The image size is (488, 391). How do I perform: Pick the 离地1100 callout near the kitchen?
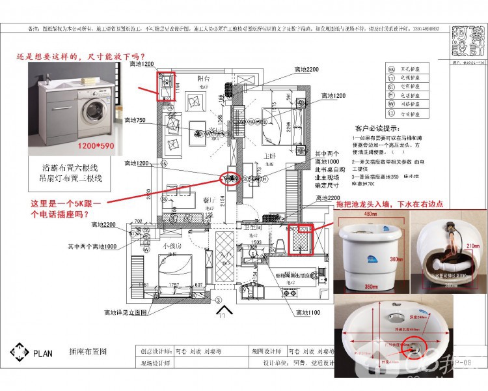point(307,313)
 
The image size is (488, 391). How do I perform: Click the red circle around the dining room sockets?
point(229,177)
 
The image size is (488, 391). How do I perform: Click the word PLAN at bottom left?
point(42,351)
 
